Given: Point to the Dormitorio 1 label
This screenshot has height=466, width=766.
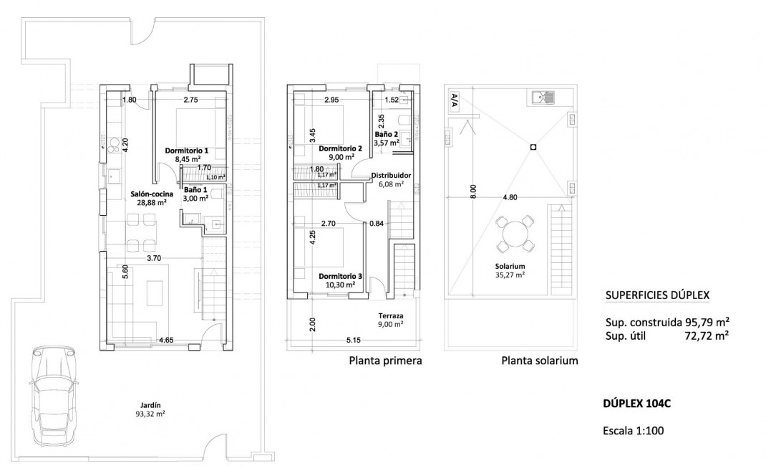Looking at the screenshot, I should point(186,155).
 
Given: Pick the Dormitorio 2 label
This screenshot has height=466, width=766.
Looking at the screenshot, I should point(340,152).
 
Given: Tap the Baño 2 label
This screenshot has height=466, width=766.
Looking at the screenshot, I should point(387,138).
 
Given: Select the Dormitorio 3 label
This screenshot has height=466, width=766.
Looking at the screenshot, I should point(340,280).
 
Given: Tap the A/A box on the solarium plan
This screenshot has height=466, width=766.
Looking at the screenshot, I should point(454,101).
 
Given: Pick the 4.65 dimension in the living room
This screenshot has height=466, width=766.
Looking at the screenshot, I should point(168,340).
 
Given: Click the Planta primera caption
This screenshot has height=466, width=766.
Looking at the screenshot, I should point(385,361).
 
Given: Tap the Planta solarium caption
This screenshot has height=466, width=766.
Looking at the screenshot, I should point(539,361).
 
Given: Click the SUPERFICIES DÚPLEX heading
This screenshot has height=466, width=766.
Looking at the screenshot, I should point(658,295).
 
